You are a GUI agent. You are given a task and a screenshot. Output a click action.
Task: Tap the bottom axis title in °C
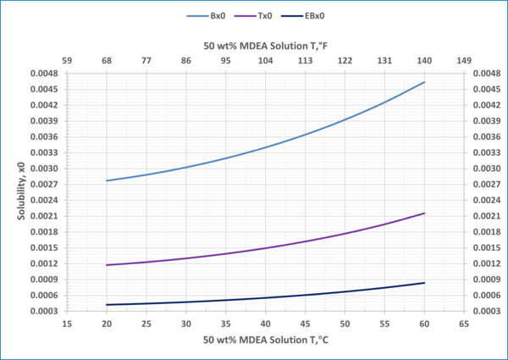(266, 341)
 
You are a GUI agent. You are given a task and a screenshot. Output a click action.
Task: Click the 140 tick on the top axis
(424, 60)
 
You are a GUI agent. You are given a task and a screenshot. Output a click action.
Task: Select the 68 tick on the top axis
(107, 60)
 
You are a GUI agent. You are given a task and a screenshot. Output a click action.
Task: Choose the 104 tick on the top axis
(265, 60)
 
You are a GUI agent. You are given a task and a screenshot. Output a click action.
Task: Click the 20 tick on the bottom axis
(107, 324)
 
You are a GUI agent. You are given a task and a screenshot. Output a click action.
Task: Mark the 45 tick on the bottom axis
(305, 324)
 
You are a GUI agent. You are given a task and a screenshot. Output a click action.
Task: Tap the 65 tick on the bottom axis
(464, 324)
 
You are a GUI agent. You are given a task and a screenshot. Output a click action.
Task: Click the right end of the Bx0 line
(424, 82)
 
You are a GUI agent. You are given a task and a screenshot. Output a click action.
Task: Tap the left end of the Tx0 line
(107, 265)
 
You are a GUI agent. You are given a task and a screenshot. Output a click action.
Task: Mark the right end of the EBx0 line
(424, 283)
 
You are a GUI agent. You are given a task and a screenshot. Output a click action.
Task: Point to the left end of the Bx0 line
(107, 180)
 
